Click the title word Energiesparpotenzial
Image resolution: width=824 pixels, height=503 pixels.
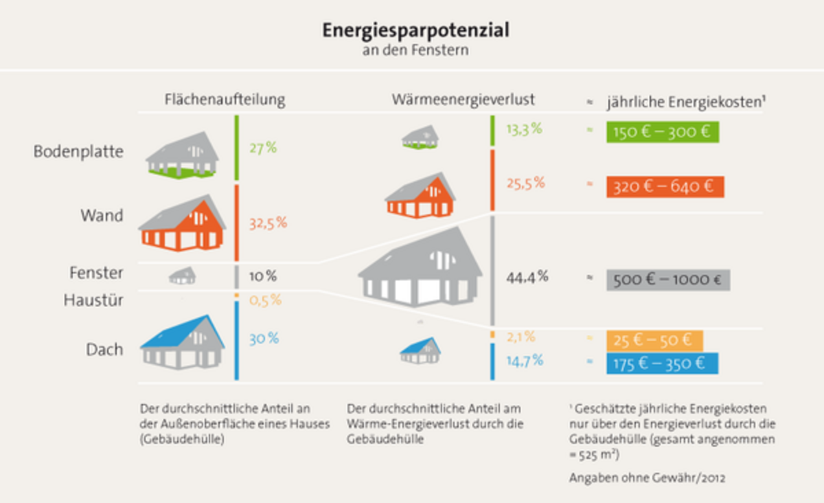(416, 32)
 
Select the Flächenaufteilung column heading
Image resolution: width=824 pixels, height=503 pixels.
(225, 100)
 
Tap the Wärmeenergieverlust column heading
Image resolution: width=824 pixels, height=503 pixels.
(463, 100)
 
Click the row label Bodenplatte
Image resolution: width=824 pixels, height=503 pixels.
(78, 151)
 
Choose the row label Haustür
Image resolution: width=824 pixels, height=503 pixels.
(93, 300)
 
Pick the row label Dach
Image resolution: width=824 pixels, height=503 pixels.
(104, 349)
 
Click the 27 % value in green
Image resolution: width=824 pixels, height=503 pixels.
(263, 148)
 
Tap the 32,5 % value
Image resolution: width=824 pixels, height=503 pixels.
(268, 223)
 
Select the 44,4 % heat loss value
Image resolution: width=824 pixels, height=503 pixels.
(527, 277)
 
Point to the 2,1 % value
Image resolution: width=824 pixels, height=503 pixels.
(520, 337)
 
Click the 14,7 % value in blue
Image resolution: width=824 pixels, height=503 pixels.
(525, 360)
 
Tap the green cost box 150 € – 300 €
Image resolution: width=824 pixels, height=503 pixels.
(662, 132)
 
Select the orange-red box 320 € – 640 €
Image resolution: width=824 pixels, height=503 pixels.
(665, 186)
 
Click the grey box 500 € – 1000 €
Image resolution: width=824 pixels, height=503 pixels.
(668, 280)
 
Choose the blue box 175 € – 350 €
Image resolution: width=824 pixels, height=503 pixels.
(662, 364)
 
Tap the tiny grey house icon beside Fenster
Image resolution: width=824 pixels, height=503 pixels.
(183, 276)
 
